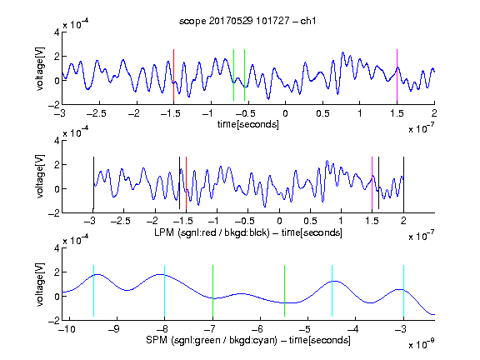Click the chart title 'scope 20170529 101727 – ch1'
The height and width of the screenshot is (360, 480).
point(247,21)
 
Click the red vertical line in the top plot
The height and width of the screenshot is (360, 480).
point(173,75)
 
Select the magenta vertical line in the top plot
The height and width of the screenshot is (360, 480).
point(397,75)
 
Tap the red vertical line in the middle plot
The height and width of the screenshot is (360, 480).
point(186,183)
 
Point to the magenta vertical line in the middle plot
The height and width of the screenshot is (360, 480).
point(372,183)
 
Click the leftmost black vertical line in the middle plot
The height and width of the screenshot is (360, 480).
point(93,183)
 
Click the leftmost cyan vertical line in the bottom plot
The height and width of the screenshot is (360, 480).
point(93,291)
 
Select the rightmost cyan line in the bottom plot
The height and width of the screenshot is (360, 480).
point(404,291)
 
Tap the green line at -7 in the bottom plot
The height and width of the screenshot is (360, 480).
point(212,291)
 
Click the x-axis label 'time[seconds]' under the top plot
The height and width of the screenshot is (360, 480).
point(248,124)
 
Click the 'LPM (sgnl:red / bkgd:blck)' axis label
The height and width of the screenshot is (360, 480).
point(212,232)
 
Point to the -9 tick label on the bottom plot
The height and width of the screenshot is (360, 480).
point(115,329)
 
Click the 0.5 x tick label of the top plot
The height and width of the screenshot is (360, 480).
point(322,113)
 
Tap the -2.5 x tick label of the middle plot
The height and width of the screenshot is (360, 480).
point(121,221)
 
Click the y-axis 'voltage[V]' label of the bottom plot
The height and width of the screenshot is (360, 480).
point(40,284)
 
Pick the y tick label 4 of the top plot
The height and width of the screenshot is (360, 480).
point(57,32)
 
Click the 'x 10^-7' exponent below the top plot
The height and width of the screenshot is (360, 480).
point(422,128)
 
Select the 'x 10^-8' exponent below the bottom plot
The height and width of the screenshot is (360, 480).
point(422,344)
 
